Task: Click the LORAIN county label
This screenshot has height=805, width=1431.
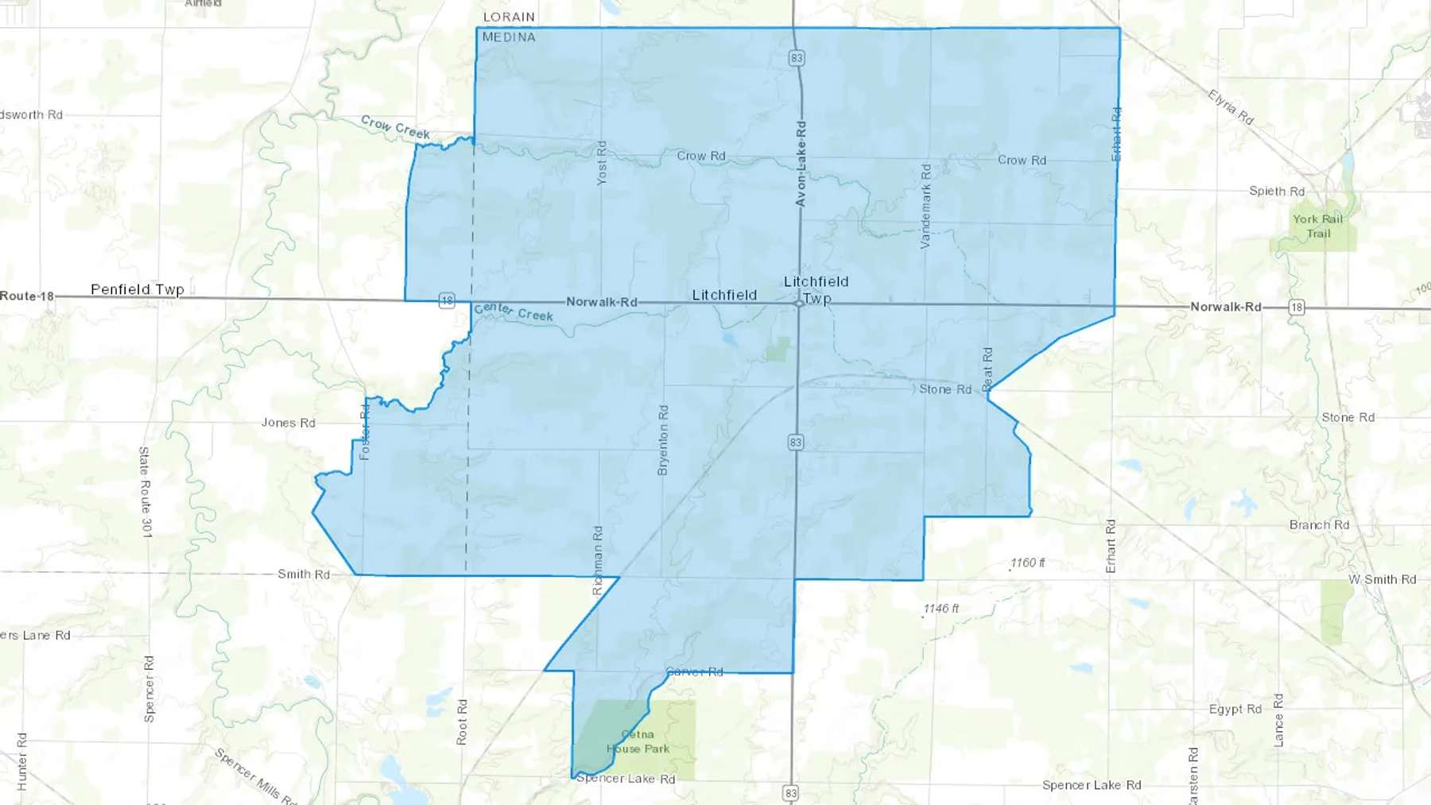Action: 509,17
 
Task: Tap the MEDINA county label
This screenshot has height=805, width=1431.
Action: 509,37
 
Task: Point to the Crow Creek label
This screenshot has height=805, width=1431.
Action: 395,126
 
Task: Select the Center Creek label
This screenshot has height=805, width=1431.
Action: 513,312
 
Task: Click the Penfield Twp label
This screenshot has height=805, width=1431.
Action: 138,289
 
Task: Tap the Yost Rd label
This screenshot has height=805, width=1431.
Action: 602,163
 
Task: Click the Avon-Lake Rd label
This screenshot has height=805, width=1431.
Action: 801,164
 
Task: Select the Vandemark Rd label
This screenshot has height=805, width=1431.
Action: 925,206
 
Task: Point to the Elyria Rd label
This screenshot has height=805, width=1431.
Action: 1231,107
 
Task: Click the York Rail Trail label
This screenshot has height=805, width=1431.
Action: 1317,226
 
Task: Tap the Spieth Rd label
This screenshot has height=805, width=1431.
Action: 1277,191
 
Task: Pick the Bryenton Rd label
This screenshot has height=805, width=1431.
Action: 663,440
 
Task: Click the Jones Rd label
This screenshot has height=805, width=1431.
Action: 289,423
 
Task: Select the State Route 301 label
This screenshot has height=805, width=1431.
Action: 145,492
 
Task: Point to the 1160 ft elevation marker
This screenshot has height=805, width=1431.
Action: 1028,563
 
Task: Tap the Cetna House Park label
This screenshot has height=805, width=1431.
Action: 638,741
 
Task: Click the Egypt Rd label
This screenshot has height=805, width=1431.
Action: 1235,709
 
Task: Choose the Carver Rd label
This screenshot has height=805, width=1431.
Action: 695,671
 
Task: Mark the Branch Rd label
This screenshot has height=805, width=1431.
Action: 1319,524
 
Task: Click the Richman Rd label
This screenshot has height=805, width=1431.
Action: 598,559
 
